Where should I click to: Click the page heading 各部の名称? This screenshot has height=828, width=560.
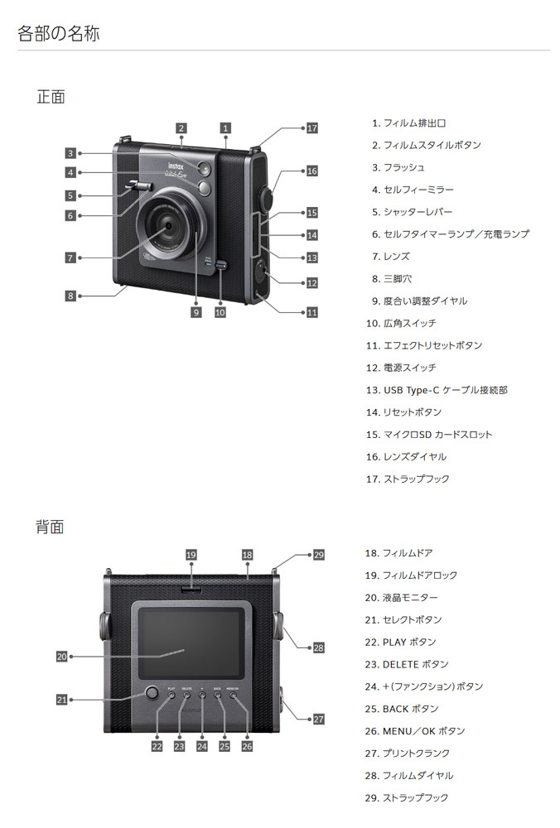coord(60,34)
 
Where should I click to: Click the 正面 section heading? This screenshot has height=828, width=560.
coord(51,97)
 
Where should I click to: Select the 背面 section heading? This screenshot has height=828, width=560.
coord(51,527)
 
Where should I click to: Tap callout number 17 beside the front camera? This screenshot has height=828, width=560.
coord(311,128)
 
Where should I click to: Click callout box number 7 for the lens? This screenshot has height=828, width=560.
coord(71,258)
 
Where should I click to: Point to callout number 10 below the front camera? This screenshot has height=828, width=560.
coord(220,313)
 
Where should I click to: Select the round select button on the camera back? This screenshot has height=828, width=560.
coord(151,694)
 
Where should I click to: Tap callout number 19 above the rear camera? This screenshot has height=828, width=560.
coord(191,555)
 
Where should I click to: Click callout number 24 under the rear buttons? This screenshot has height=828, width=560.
coord(201,746)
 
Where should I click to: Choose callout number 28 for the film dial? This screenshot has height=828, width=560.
coord(319,648)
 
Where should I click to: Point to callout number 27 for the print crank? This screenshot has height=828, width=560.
coord(319,720)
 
